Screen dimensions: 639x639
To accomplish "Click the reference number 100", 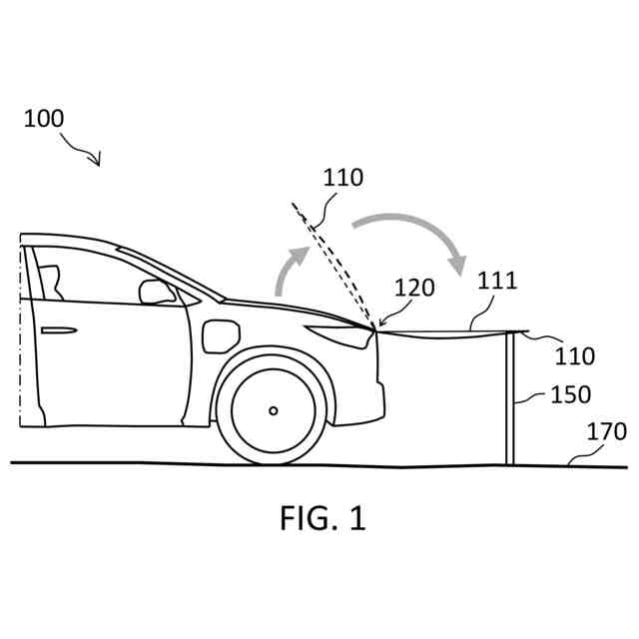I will pos(43,118).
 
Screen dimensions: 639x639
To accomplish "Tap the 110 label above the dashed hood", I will pos(343,179).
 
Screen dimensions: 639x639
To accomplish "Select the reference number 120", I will pos(414,289).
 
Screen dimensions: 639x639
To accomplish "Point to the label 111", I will pos(496,280).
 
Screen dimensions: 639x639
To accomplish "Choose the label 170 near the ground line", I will pos(607,432).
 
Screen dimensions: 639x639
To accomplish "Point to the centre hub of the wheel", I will pos(273,410).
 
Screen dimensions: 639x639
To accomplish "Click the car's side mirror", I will pos(157,292).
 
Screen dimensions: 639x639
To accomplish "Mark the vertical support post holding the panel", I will pos(510,399).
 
